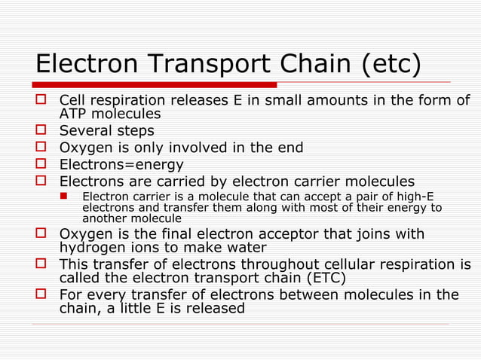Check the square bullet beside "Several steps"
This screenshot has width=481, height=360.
coord(43,130)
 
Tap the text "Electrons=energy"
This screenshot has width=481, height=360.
coord(121,164)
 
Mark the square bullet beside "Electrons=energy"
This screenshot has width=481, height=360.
coord(43,163)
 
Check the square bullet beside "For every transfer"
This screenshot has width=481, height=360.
coord(43,294)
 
